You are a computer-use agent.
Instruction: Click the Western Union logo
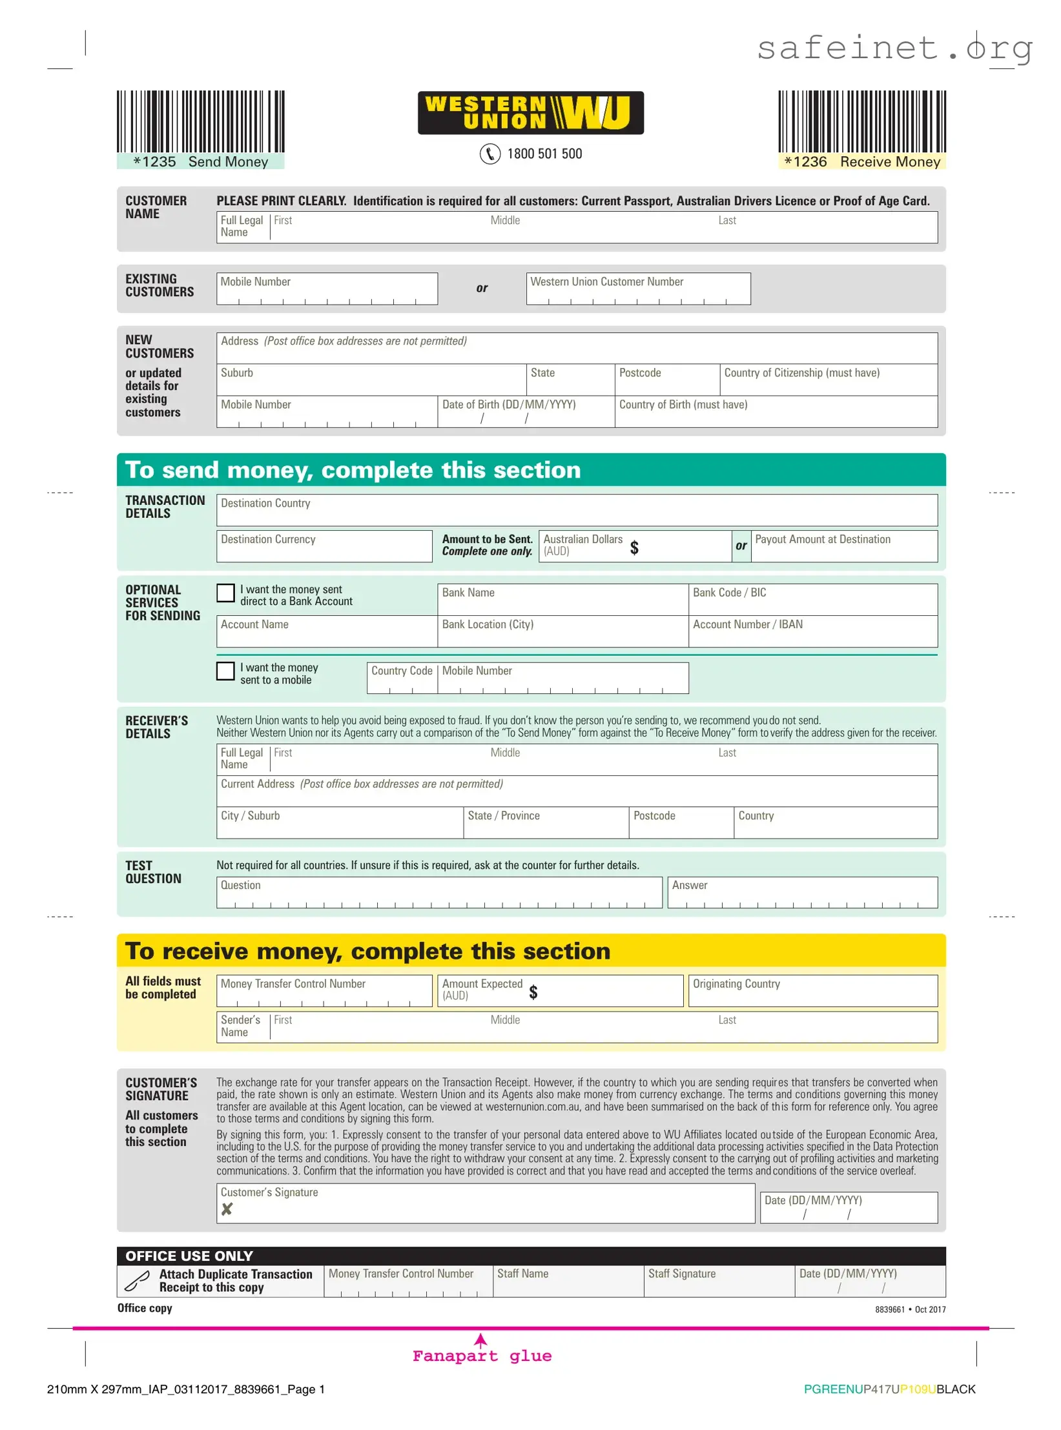coord(530,113)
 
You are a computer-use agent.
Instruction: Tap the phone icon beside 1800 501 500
coord(489,154)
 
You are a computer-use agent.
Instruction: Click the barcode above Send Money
coord(200,121)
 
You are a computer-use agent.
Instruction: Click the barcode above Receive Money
coord(861,121)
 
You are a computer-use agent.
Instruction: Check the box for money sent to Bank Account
coord(225,593)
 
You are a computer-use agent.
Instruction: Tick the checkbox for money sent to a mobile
coord(225,671)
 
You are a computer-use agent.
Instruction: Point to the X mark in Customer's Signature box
coord(227,1209)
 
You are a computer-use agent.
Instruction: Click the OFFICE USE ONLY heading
coord(189,1256)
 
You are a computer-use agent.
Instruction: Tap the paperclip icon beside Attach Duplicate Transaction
coord(137,1281)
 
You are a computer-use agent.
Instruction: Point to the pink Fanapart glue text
coord(482,1356)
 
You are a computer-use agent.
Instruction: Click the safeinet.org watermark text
coord(894,48)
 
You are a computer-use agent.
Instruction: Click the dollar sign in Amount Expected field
coord(533,992)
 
